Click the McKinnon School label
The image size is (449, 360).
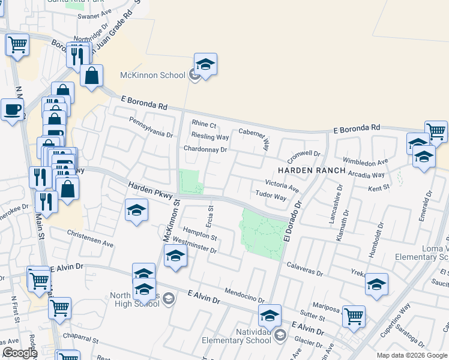152,75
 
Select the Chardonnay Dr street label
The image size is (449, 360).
205,149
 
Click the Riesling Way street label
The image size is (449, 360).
210,137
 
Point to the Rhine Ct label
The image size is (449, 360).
203,124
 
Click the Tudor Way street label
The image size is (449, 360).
271,196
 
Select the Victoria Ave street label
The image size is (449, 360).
282,185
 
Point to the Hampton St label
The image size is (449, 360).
199,233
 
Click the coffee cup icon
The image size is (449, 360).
12,110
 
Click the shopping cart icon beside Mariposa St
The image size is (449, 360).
354,316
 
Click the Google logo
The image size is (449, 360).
19,353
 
